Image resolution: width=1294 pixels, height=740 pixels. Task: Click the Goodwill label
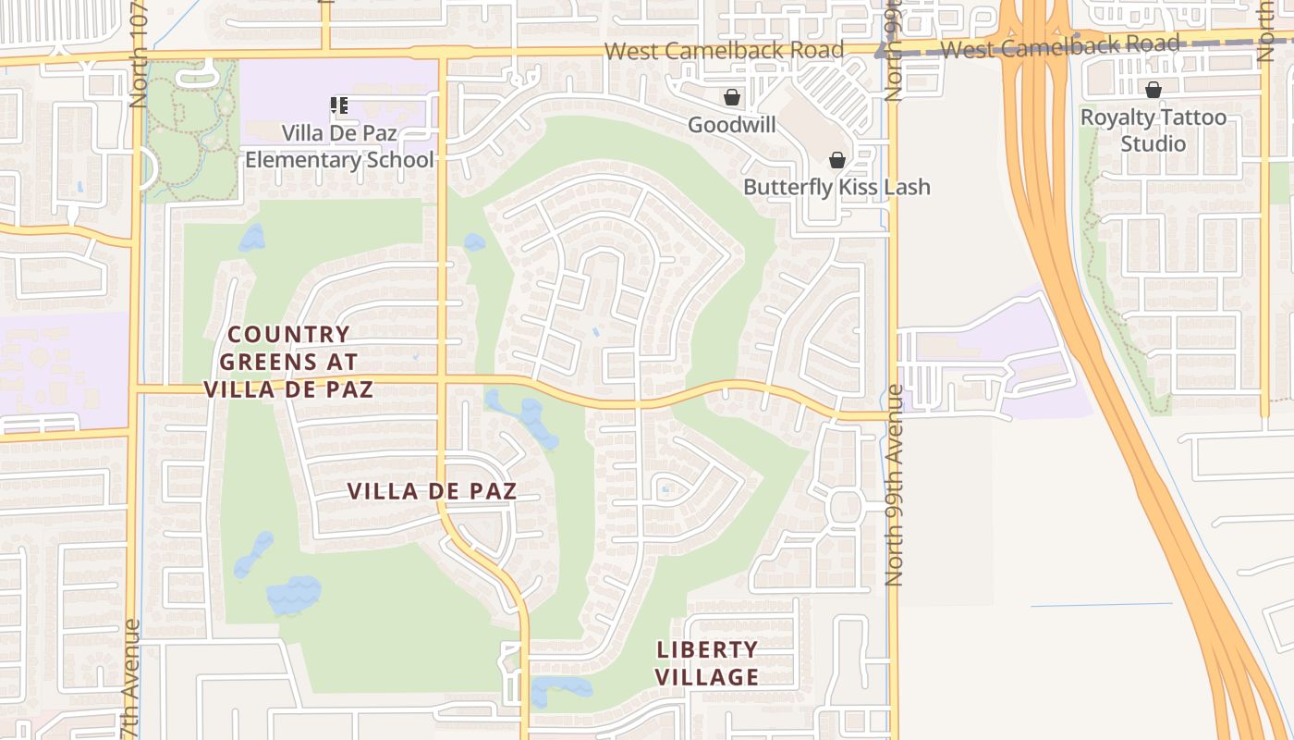pos(731,124)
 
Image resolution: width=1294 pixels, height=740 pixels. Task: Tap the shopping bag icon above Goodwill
pos(732,97)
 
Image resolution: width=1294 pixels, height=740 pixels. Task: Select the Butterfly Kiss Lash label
pos(836,187)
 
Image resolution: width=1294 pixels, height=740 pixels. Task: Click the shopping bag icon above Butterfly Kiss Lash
pos(837,160)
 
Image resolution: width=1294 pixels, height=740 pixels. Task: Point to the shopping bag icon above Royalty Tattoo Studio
pos(1153,90)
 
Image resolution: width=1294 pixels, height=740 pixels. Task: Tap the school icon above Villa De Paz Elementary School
pos(339,105)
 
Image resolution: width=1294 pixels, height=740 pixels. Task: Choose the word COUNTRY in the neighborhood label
pos(288,334)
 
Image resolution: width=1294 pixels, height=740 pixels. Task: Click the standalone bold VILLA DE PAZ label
pos(432,491)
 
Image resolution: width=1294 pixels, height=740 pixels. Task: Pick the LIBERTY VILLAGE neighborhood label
pos(707,663)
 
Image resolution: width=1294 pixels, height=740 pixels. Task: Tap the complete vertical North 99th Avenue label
pos(893,486)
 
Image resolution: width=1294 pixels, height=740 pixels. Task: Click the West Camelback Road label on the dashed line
pos(1059,45)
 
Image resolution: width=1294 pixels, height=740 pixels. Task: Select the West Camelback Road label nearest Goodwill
pos(725,50)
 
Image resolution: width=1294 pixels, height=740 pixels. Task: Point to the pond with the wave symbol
pos(294,595)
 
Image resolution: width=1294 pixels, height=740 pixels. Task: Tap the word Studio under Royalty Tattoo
pos(1153,143)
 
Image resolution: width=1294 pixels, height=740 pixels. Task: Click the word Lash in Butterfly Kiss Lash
pos(909,187)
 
